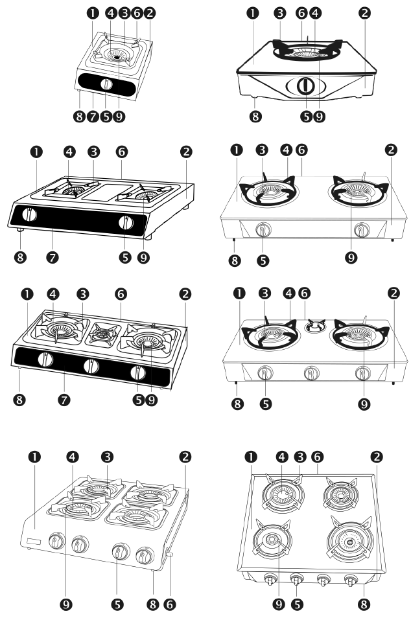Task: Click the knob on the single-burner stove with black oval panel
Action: click(106, 84)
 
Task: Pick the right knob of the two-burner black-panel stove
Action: click(124, 223)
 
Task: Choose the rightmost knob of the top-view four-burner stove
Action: click(351, 580)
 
